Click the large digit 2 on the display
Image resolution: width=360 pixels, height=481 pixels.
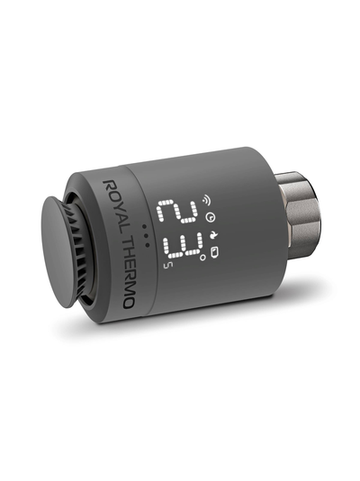click(176, 212)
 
